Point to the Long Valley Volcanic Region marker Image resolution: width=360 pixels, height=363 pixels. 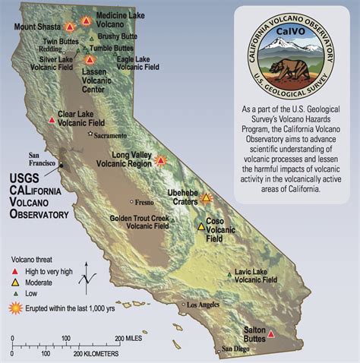[160, 160]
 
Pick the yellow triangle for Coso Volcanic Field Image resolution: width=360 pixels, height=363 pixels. [201, 226]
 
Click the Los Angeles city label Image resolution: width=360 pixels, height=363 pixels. [201, 305]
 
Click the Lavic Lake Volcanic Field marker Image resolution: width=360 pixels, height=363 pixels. [229, 275]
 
